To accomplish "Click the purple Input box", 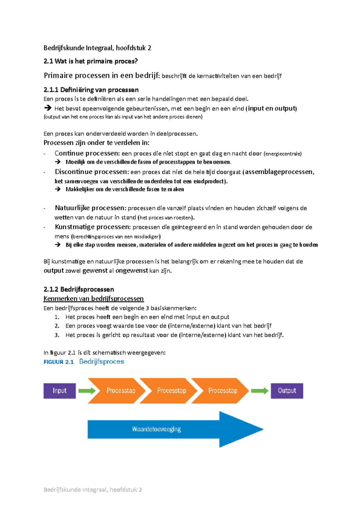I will pos(59,391).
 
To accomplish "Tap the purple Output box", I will pos(287,391).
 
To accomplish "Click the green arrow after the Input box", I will pos(87,391).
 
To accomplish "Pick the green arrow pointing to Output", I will pos(259,391).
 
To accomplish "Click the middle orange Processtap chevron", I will pos(171,391).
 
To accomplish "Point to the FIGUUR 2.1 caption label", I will pos(59,362).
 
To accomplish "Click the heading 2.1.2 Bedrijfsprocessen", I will pos(79,289).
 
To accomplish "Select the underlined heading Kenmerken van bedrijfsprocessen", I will pos(93,299).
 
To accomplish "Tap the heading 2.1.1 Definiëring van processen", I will pos(91,90).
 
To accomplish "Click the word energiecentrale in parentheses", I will pos(283,154).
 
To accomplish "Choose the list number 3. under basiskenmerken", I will pos(57,335).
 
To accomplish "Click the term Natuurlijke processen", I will pos(90,208).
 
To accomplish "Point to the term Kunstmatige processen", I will pos(93,227).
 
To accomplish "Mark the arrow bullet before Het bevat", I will pos(48,108).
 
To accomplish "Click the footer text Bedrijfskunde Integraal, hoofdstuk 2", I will pos(93,490).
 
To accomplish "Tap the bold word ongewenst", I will pos(132,271).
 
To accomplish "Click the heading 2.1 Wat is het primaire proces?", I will pos(90,61).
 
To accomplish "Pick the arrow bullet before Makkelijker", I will pos(58,189).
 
